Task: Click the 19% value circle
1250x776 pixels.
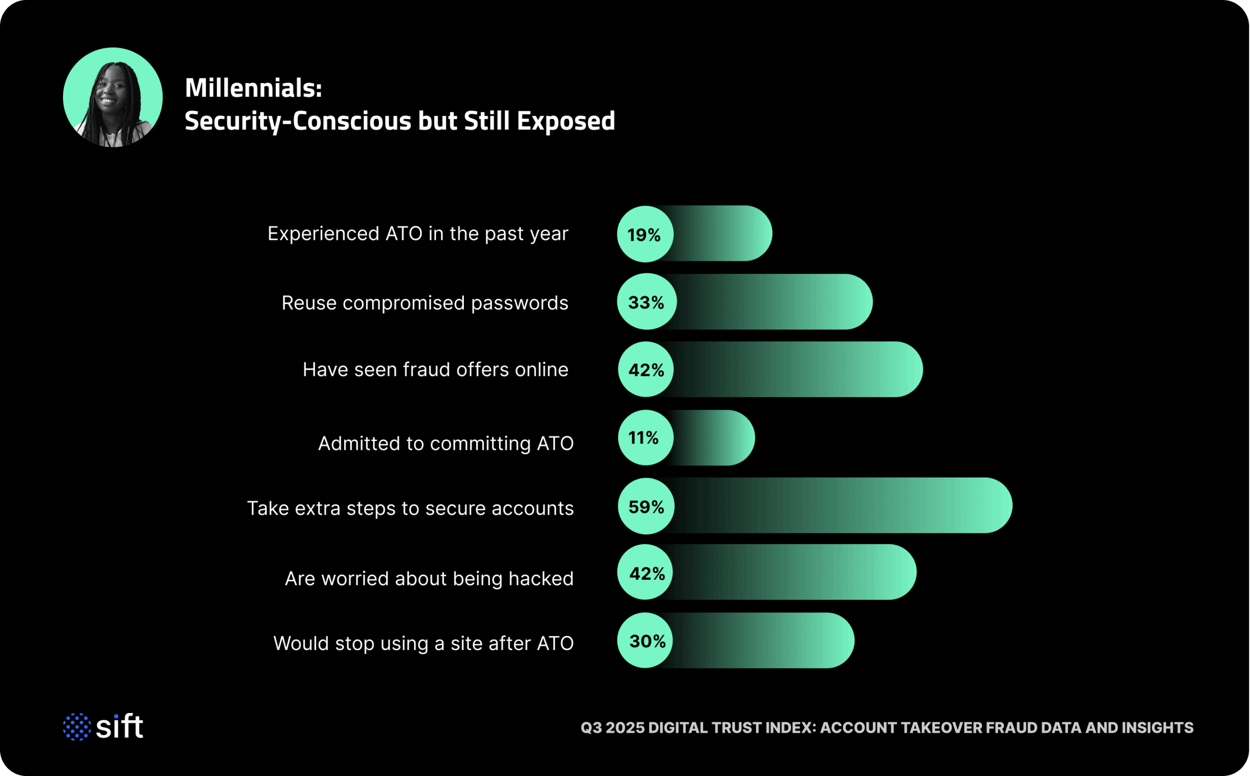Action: (645, 234)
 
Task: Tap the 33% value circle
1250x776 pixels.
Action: (646, 302)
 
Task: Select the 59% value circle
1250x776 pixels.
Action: (646, 506)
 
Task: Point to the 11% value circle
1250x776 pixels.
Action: (645, 438)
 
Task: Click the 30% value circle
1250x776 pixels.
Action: (646, 641)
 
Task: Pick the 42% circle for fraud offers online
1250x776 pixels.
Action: (646, 370)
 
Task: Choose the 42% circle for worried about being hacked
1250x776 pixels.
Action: (646, 573)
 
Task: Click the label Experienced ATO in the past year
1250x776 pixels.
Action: (417, 234)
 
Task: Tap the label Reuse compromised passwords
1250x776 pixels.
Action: (425, 303)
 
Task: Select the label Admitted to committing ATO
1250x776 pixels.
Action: (445, 443)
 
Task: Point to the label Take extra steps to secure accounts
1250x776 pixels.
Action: (410, 508)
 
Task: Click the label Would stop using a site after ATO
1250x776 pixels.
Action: (423, 643)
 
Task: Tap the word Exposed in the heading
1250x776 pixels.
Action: (565, 121)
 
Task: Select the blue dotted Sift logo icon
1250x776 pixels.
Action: (77, 727)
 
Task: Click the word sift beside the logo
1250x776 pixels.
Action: (120, 727)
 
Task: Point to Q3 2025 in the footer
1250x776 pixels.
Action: (612, 728)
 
